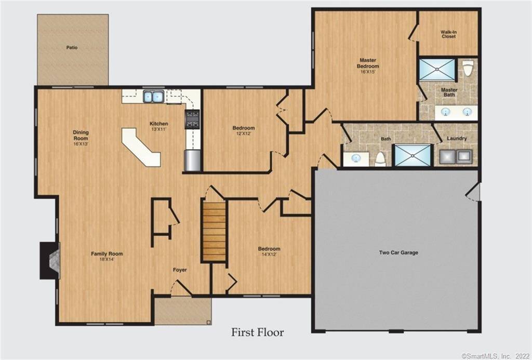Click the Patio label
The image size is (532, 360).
pos(72,47)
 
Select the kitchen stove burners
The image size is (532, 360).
pos(192,119)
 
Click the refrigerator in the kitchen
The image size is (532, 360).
pos(192,160)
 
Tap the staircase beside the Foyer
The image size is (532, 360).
pos(214,232)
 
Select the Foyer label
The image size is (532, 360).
pos(180,270)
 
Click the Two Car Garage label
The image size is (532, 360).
pos(398,252)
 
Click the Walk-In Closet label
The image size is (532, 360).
pos(448,34)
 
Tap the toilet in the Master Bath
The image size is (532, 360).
pos(468,68)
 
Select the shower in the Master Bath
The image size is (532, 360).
pos(437,70)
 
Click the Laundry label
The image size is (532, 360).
pos(457,138)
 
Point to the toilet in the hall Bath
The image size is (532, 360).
pos(380,158)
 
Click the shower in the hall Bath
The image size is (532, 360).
pos(413,155)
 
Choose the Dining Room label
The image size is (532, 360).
pos(81,135)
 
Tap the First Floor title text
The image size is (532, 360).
pos(258,332)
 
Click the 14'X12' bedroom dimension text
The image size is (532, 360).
pos(269,255)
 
